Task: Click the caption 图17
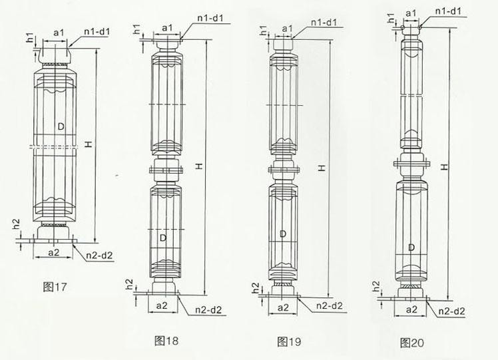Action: point(56,287)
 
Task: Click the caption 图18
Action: point(166,341)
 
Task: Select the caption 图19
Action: point(289,342)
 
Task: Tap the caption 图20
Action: point(412,343)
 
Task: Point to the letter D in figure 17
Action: point(61,125)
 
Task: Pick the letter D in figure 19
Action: point(284,234)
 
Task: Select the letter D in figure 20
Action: point(412,248)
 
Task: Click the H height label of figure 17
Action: point(87,146)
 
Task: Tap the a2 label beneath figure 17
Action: point(57,252)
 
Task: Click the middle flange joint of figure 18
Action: point(168,170)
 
